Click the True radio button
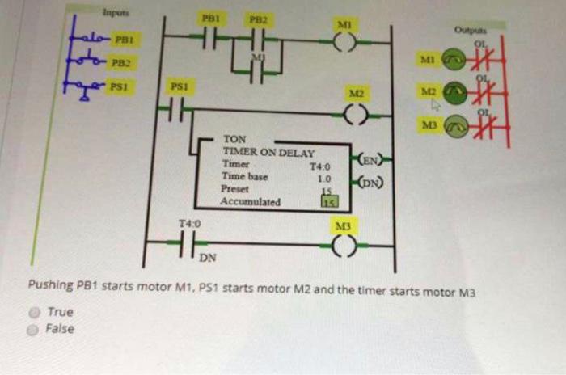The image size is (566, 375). tap(36, 312)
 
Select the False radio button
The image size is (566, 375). tap(36, 329)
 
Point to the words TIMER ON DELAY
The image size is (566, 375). tap(269, 151)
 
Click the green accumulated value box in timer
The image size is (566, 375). tap(328, 202)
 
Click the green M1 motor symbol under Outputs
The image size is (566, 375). tap(457, 59)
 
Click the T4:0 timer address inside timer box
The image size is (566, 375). tap(322, 167)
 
